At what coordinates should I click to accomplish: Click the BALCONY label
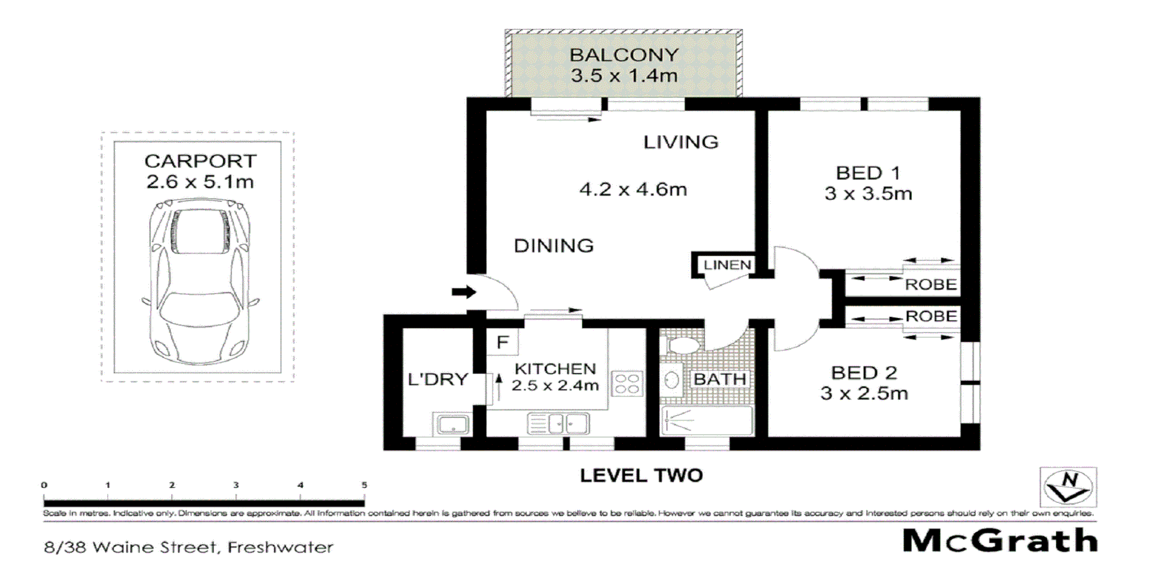[x=624, y=55]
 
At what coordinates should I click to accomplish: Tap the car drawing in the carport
[x=200, y=282]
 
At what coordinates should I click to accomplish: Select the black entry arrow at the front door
[x=464, y=292]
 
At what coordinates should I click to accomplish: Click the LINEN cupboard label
[x=727, y=265]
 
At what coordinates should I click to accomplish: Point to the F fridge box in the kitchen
[x=503, y=342]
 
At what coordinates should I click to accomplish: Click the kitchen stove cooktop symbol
[x=627, y=383]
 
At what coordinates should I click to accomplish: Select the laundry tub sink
[x=452, y=424]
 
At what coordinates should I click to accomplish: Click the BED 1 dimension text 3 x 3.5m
[x=868, y=194]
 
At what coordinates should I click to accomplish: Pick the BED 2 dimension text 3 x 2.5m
[x=864, y=393]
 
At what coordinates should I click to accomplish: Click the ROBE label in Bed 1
[x=931, y=285]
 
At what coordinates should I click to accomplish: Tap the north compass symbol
[x=1068, y=487]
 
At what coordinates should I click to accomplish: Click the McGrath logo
[x=1000, y=541]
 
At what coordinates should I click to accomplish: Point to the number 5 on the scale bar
[x=364, y=485]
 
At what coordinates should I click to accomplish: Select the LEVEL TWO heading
[x=642, y=476]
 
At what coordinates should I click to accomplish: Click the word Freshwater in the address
[x=281, y=547]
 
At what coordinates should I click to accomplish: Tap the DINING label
[x=554, y=246]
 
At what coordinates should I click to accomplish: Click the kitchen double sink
[x=558, y=424]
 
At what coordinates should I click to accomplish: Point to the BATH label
[x=719, y=379]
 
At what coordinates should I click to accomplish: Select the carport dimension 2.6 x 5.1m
[x=200, y=182]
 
